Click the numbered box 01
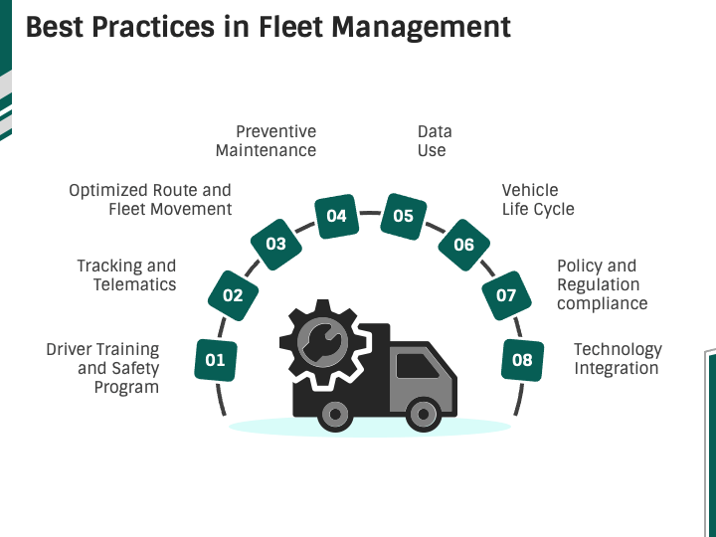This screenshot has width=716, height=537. pos(216,360)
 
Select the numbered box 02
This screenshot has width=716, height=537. pos(233,294)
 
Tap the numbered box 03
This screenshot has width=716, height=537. pos(275,244)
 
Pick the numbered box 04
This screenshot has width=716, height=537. pos(336,216)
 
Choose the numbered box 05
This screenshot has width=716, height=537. pos(403,216)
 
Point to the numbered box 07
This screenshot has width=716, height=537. pos(506,294)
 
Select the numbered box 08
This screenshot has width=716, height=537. pos(522,360)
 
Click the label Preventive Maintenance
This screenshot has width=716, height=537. pos(266,141)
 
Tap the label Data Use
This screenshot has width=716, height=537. pos(434,141)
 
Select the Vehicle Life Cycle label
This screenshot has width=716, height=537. pos(537,199)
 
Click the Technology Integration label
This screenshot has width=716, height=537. pos(617,359)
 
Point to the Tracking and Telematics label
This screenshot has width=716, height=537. pos(127,274)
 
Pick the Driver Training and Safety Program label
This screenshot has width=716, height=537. pos(103,368)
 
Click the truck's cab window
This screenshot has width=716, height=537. pos(417,366)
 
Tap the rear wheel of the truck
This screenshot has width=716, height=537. pos(335,413)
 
